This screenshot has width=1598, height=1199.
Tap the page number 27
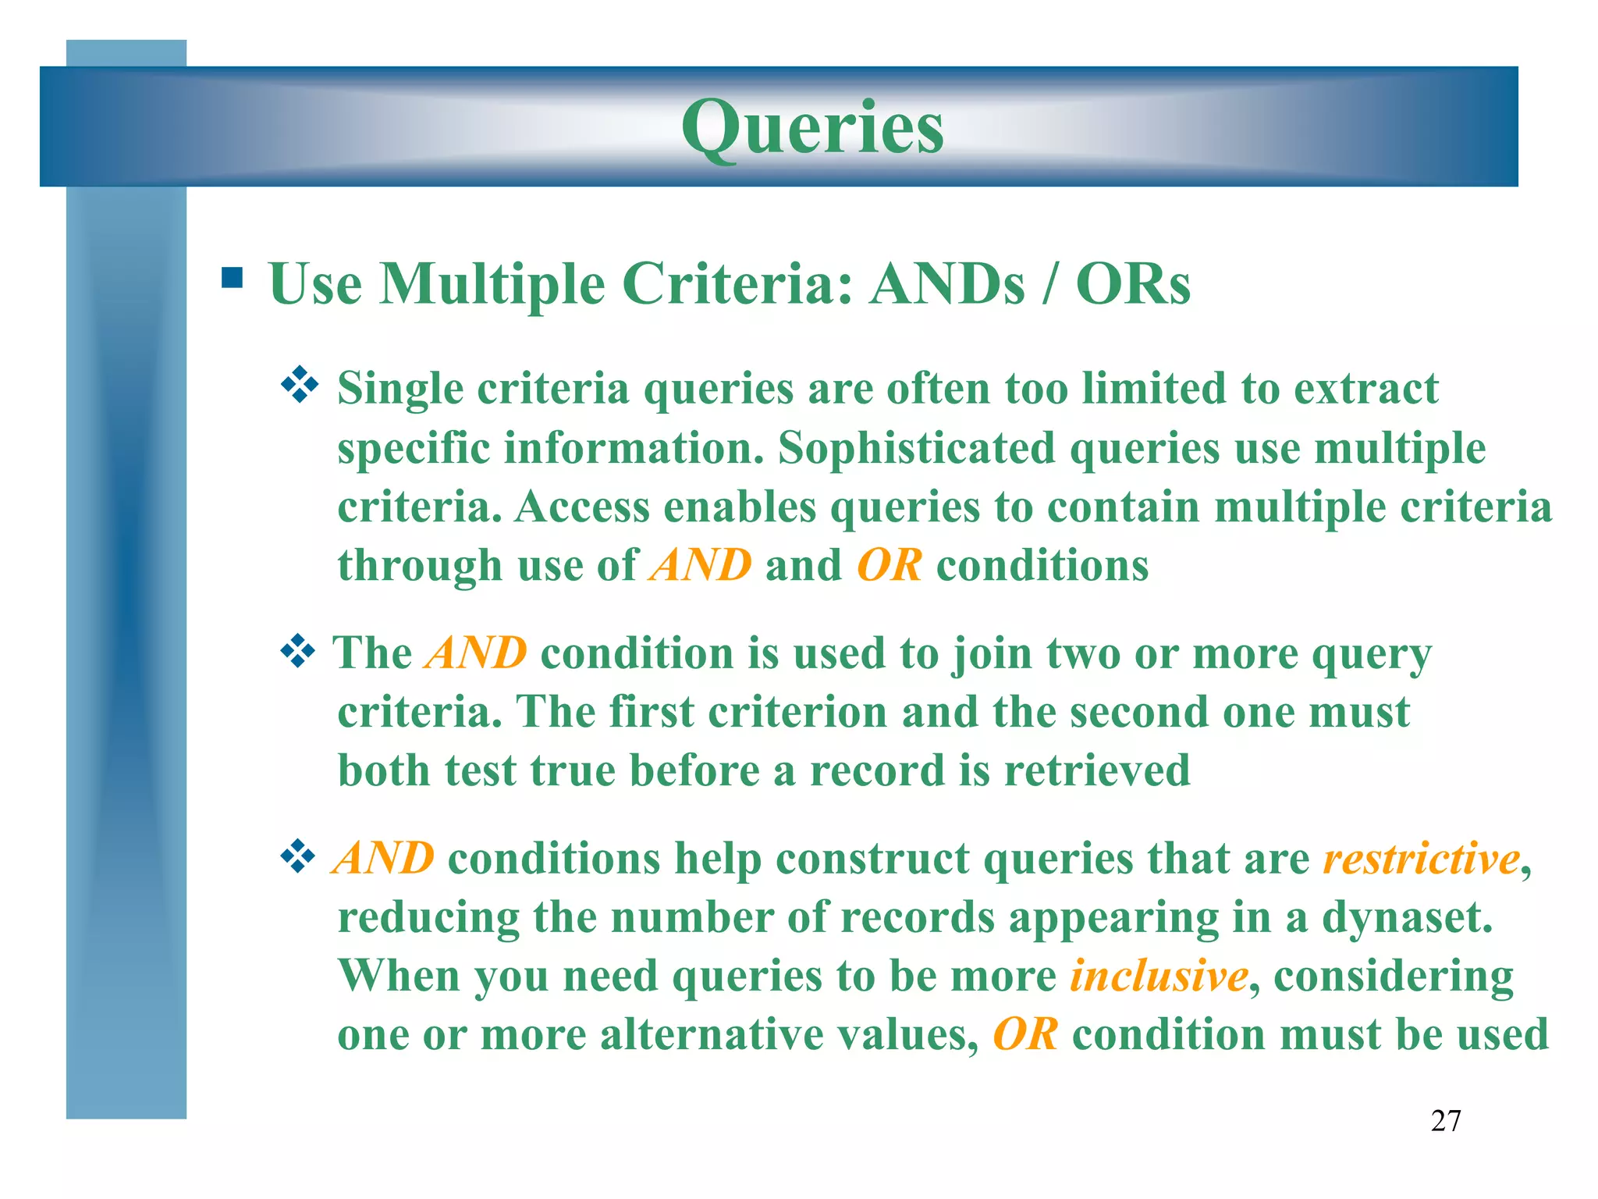(1445, 1121)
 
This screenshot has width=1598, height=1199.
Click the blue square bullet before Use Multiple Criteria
(232, 279)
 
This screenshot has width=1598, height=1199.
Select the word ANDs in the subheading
(946, 283)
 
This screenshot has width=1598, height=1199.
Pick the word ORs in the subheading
(1132, 283)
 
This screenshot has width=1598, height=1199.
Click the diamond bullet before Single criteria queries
(300, 386)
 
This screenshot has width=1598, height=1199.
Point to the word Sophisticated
(916, 448)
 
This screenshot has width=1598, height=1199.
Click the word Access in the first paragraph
(582, 507)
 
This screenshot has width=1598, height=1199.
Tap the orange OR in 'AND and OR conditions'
(889, 565)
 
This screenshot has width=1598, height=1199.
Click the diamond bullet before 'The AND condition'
(297, 651)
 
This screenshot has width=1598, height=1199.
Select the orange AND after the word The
(475, 653)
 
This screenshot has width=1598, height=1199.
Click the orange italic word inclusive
(1158, 976)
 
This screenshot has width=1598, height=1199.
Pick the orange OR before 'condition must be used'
(1024, 1035)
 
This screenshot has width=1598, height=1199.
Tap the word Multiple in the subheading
(492, 283)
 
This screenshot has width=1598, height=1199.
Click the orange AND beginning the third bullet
(382, 859)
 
